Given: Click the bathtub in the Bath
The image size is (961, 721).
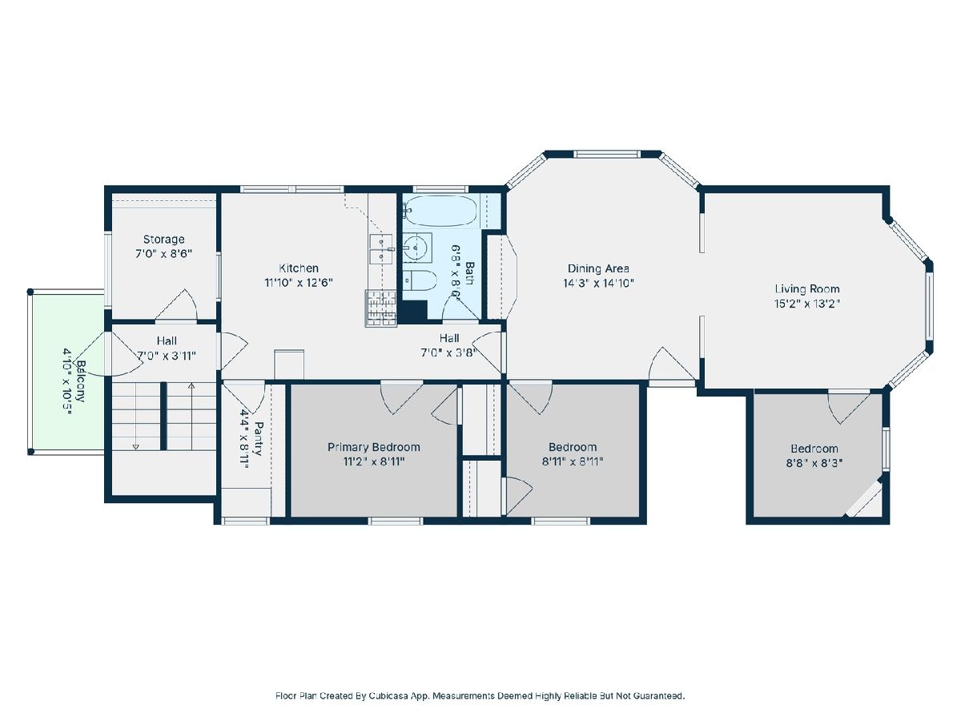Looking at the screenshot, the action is coord(438,211).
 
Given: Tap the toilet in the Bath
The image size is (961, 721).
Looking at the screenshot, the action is coord(420,280).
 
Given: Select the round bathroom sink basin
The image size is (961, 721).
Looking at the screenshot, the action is coord(414,248).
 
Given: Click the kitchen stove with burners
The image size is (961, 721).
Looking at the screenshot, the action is coord(381,308).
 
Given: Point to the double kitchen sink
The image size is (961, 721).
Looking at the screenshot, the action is coord(382,248).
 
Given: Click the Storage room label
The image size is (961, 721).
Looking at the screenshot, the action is coord(163,240).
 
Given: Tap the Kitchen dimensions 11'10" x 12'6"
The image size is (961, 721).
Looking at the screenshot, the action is coord(299,283).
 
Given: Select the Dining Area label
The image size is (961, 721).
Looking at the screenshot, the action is coord(598,268).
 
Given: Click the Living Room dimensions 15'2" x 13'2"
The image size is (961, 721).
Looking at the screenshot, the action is coord(806,304).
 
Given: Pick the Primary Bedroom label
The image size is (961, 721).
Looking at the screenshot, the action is coord(373,447).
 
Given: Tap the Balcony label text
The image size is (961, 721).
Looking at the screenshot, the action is coord(81,381).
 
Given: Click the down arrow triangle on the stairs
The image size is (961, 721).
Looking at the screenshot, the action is coord(135,447).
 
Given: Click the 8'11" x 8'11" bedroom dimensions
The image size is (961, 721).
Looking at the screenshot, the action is coord(573,461).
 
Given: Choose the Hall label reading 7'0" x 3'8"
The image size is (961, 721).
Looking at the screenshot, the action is coord(448,352).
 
